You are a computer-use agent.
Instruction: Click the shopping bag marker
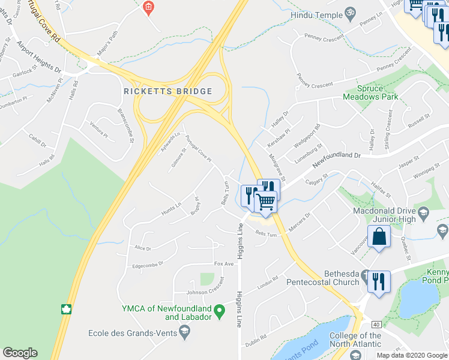click(379, 236)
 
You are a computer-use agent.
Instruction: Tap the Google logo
click(20, 353)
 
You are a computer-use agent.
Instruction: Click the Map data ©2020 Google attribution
click(412, 355)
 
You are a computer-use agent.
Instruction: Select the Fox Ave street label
click(223, 264)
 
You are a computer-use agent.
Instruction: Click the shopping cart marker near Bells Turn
click(266, 202)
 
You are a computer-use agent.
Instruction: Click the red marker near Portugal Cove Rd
click(149, 8)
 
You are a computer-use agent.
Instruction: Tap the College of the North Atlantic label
click(355, 340)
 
